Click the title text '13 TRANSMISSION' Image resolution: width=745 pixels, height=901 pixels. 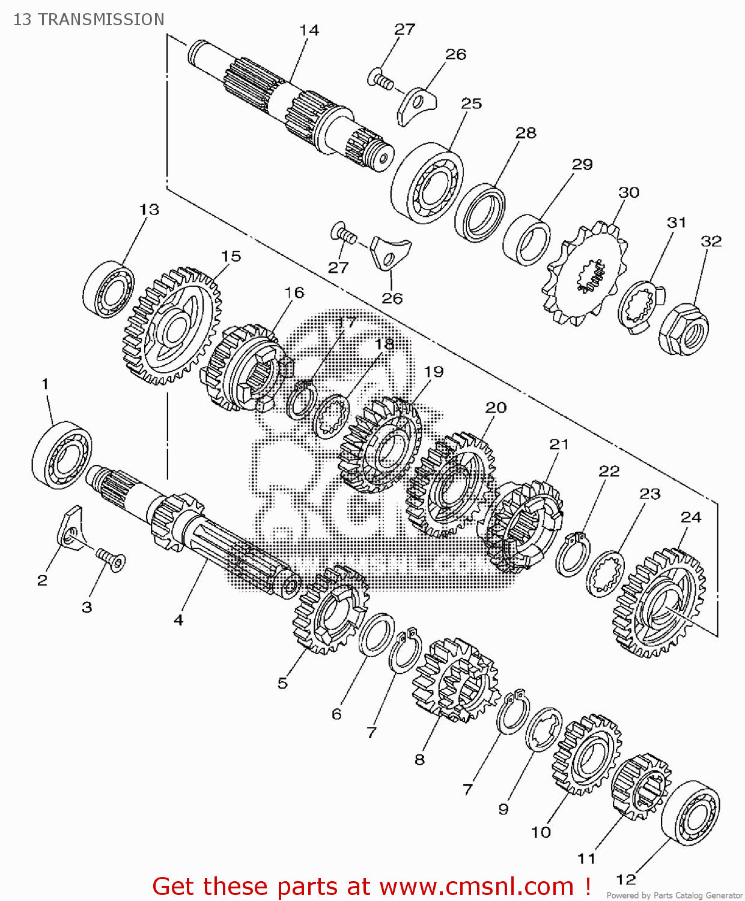pos(89,20)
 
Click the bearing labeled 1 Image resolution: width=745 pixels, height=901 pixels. pos(62,454)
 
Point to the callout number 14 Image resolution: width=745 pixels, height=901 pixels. pos(309,30)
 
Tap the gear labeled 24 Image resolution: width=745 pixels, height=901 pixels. pos(658,602)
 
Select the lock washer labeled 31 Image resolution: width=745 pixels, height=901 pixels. pos(639,307)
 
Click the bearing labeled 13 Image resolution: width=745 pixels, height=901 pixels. pos(109,289)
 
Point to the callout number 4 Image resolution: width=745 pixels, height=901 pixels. pos(178,620)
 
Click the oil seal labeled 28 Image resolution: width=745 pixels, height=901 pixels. pos(479,213)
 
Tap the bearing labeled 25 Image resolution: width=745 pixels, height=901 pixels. pos(427,183)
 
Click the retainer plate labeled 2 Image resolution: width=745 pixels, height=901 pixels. pos(71,527)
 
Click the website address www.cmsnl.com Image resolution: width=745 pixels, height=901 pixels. pos(476,887)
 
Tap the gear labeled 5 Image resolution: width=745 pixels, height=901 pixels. pos(330,610)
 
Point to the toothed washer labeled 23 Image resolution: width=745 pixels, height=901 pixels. pos(605,574)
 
